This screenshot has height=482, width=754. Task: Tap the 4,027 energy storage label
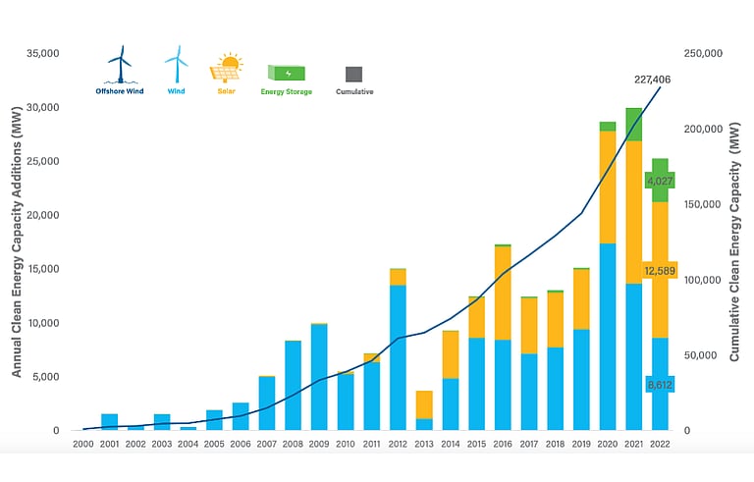(x=659, y=181)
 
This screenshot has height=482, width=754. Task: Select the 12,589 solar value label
(x=660, y=270)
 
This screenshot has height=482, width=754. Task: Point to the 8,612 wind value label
(x=660, y=386)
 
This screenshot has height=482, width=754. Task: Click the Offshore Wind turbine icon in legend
(x=120, y=65)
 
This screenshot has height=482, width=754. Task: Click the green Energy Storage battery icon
(x=287, y=73)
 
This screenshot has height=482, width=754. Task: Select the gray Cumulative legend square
(x=354, y=74)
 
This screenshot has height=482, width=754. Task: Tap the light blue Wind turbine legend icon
(x=177, y=65)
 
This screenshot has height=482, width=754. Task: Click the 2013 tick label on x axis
(x=423, y=444)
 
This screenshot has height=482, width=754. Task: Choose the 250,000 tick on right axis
(x=700, y=53)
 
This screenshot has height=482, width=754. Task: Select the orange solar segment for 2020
(x=608, y=187)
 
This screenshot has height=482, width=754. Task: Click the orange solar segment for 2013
(x=423, y=404)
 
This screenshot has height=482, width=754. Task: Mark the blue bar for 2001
(x=109, y=422)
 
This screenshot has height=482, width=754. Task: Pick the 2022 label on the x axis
(x=660, y=444)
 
